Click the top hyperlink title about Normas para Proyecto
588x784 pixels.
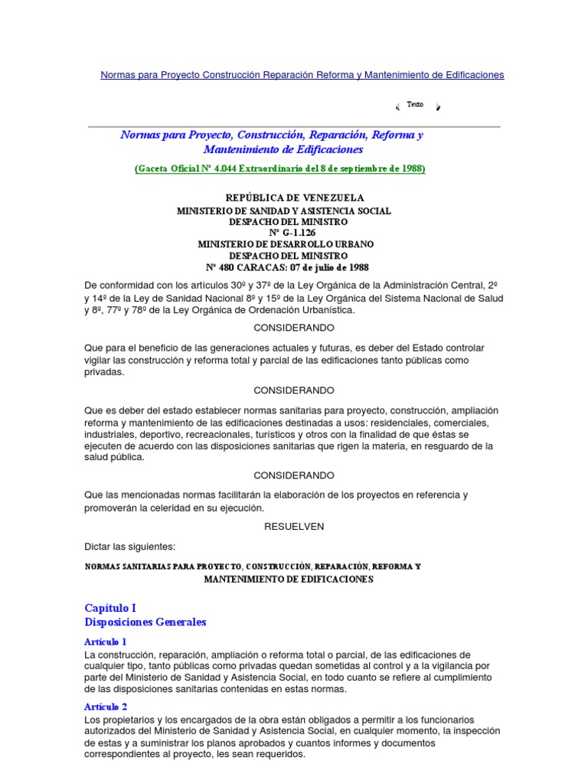(x=302, y=75)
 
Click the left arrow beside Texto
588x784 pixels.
(x=397, y=106)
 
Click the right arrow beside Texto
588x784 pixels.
(x=438, y=106)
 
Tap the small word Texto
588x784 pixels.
(x=415, y=104)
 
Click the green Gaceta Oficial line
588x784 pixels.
(x=280, y=168)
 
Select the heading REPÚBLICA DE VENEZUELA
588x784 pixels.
(x=295, y=198)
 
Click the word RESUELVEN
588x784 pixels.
(x=294, y=527)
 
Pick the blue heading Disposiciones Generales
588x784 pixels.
(x=145, y=622)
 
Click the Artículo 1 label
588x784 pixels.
(x=105, y=642)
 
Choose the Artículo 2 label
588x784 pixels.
(x=106, y=707)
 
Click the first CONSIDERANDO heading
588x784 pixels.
(x=294, y=328)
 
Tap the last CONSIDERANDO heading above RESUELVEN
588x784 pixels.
(x=294, y=475)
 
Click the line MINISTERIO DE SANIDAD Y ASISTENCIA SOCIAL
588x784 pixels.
(x=284, y=211)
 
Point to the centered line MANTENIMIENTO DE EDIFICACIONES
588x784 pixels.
(x=288, y=580)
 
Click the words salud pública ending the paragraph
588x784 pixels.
(x=114, y=458)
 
